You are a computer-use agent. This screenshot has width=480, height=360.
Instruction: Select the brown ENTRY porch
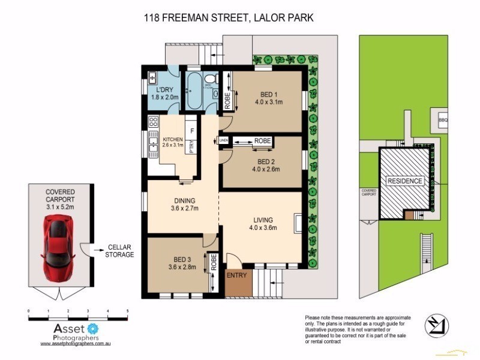coord(236,282)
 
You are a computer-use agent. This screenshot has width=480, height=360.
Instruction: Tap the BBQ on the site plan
coord(443,119)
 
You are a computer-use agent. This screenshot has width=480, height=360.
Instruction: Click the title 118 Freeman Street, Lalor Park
coord(228,19)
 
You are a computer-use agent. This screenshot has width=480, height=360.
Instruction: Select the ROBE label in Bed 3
coord(212,262)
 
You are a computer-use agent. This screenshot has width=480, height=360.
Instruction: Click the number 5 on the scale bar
coord(127,311)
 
